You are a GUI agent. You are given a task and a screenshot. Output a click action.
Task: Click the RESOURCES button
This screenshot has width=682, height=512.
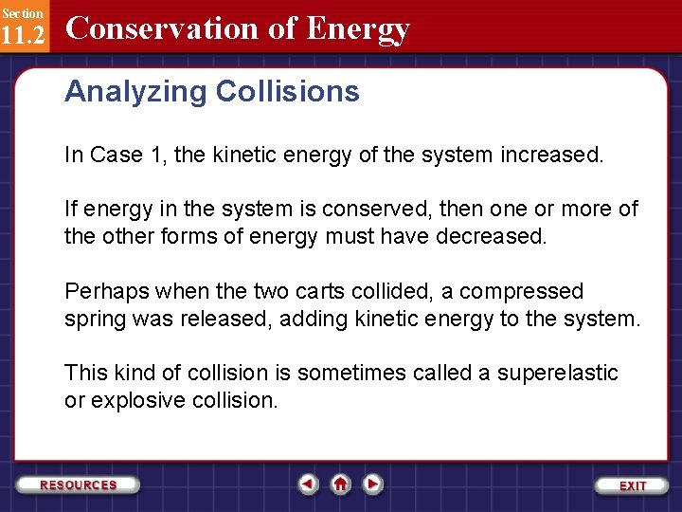(x=79, y=485)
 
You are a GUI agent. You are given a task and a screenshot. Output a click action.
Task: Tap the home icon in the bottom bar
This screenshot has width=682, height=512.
(x=340, y=484)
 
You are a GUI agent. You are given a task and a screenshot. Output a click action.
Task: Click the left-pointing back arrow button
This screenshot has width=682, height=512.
(x=308, y=484)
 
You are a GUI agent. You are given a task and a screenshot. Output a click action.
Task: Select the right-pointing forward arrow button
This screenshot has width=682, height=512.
(x=373, y=484)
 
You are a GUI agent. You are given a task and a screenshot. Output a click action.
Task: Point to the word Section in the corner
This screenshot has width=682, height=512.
(x=22, y=12)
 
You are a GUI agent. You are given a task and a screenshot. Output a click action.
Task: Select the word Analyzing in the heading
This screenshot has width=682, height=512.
(x=135, y=92)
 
